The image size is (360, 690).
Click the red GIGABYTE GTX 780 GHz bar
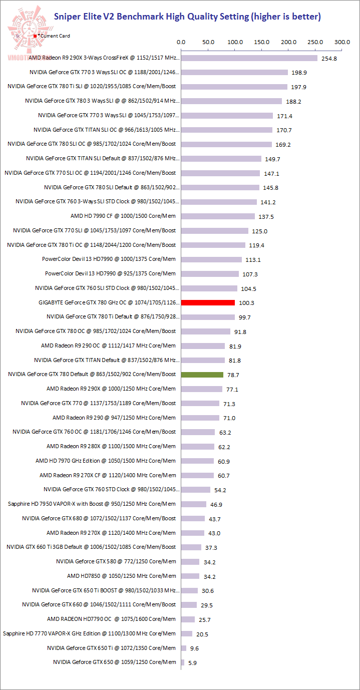[x=208, y=302]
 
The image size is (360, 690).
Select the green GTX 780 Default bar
[x=202, y=375]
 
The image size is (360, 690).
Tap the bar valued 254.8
[x=249, y=58]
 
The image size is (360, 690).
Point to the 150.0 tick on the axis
[x=262, y=42]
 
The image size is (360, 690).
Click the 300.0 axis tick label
[x=342, y=42]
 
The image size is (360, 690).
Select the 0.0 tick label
[x=181, y=42]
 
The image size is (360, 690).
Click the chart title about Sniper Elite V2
[x=187, y=17]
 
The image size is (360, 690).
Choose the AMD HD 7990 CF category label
[x=123, y=216]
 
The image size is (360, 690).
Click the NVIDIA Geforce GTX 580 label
[x=116, y=561]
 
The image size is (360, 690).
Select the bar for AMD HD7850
[x=190, y=576]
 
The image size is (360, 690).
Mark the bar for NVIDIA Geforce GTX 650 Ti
[x=184, y=648]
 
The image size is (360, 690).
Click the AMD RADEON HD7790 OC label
[x=111, y=619]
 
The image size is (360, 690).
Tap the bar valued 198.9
[x=234, y=72]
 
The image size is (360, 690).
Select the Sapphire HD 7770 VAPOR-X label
[x=89, y=633]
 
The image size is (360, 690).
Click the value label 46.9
[x=216, y=504]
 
